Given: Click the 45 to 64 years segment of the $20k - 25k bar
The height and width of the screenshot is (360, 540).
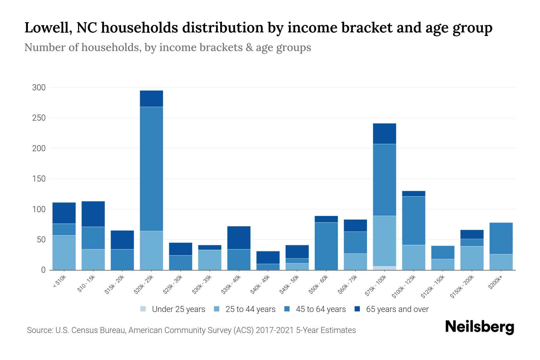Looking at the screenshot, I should pos(151,169).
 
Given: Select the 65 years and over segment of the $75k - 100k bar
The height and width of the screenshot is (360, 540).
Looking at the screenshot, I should pos(384,133).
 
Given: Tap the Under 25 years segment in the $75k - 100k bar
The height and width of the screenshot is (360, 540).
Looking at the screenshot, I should pos(384,268).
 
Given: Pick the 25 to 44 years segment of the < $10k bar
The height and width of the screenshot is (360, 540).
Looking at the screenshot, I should pos(64,253).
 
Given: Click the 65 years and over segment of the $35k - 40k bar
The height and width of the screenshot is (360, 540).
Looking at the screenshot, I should pos(239,238).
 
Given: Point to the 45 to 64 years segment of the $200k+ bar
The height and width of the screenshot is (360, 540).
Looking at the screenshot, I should pos(501,238).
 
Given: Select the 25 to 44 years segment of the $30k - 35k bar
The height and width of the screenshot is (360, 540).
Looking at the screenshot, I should pos(210,260).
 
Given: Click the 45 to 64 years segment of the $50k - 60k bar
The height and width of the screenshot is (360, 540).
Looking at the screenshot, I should pos(326,246).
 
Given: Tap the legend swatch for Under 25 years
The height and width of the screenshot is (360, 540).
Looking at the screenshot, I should pos(143,309).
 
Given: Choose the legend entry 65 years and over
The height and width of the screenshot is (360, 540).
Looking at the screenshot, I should pos(397,309).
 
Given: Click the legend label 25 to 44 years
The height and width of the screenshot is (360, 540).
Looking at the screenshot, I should pos(250,309).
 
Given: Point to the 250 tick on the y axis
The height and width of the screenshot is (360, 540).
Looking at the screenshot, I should pos(39,118).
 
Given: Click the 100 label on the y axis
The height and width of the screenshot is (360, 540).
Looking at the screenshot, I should pos(39,209).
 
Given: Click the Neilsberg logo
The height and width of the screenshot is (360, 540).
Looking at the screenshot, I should pos(479,327).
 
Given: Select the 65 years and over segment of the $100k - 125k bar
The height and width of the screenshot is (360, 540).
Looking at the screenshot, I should pos(413,193).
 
